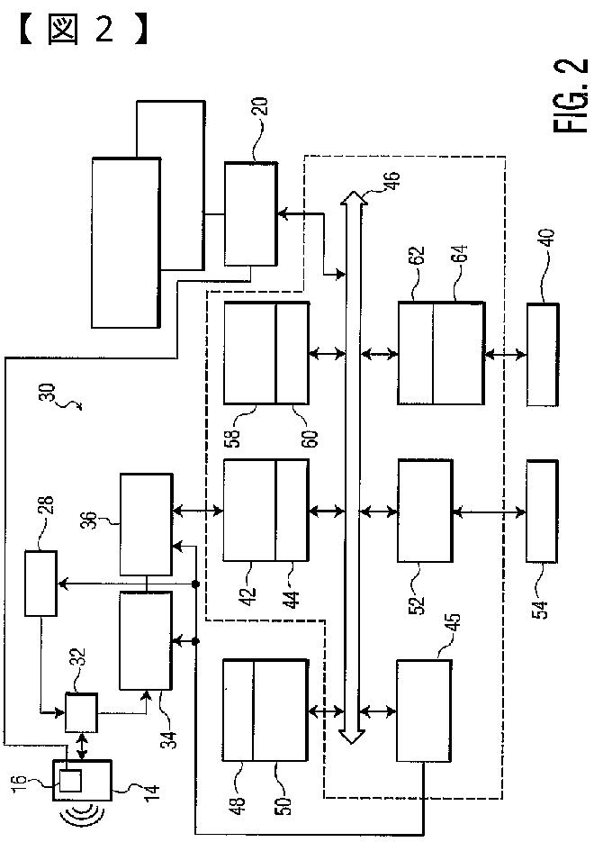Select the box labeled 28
40,583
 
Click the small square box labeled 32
82,712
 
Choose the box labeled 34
146,640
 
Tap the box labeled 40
543,355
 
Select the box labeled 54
542,512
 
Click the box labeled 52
425,511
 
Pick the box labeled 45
423,710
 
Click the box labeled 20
251,213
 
